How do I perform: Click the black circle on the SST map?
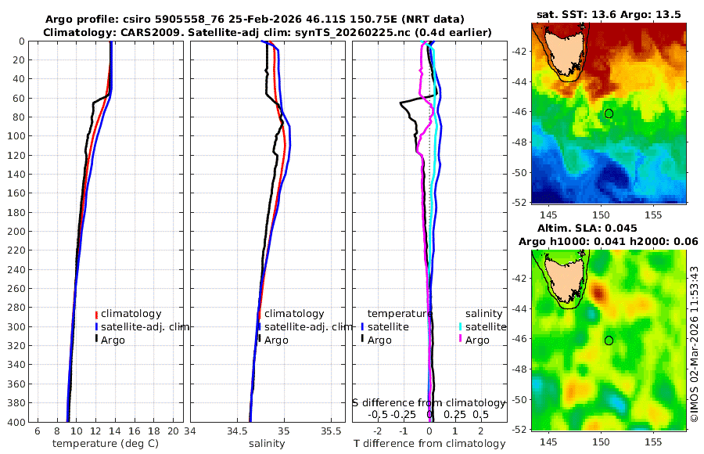tap(609, 113)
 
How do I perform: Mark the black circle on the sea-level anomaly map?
tap(609, 340)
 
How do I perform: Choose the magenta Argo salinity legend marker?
tap(462, 340)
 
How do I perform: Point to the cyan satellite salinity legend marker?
tap(462, 326)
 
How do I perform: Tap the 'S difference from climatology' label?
tap(429, 402)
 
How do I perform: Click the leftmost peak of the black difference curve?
tap(400, 103)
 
